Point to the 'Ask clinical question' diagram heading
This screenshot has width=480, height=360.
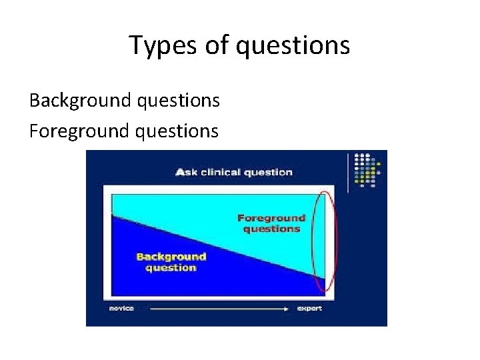pyautogui.click(x=233, y=172)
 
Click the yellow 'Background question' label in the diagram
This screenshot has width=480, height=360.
pyautogui.click(x=171, y=262)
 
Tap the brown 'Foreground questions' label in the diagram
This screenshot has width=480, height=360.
pyautogui.click(x=271, y=223)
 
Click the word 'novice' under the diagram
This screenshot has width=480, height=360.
pyautogui.click(x=122, y=309)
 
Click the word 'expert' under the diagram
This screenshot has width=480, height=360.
pyautogui.click(x=310, y=309)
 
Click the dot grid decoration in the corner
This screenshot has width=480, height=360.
pyautogui.click(x=369, y=169)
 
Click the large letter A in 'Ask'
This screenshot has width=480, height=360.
pyautogui.click(x=180, y=172)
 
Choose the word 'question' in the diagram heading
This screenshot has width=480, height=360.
pyautogui.click(x=268, y=172)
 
